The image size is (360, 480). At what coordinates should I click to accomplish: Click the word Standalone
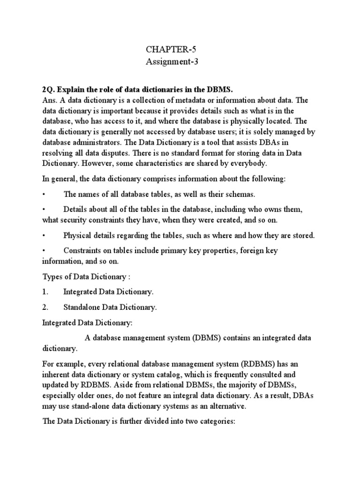tap(82, 307)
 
